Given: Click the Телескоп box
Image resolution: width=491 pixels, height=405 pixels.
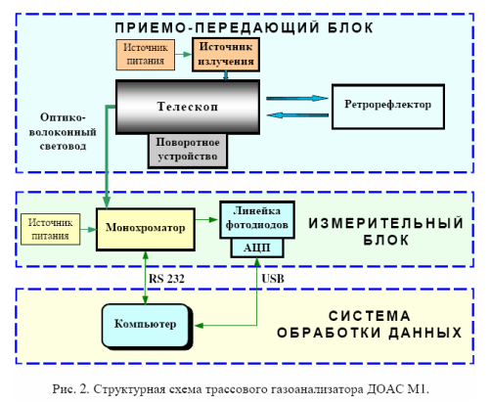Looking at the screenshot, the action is pos(188,107).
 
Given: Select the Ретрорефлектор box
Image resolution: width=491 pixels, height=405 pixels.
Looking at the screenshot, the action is pos(388,107).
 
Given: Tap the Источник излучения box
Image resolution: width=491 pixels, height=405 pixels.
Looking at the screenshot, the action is pos(226,55).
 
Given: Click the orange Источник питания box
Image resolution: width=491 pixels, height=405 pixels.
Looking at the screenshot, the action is pos(146,55).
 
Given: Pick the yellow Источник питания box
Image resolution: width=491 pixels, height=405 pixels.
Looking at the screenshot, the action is pos(50,229).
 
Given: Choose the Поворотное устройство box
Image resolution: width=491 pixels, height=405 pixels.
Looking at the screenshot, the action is pos(188,151).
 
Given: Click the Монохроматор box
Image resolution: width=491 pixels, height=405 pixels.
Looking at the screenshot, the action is pos(146,229).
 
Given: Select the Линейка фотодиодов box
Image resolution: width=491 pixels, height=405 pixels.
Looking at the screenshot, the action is pos(257,219).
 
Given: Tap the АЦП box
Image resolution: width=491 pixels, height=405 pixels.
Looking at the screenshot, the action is pos(257,248).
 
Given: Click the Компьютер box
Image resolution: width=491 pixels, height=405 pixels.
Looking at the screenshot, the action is pos(146,326).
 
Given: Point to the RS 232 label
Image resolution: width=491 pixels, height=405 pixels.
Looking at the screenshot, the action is pos(166,279).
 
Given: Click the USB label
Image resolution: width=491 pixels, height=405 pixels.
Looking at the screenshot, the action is pos(273,279).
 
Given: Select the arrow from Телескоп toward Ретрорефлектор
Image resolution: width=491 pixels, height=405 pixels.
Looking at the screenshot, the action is pos(297,98).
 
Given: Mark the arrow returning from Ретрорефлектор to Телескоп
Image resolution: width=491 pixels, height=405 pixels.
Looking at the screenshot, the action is pos(297,115).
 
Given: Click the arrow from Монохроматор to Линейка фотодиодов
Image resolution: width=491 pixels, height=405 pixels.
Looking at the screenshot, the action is pos(207,220).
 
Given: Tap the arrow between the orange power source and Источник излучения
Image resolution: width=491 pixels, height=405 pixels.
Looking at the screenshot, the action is pos(184,55).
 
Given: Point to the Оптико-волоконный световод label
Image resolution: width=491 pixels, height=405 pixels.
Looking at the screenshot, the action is pos(63,132).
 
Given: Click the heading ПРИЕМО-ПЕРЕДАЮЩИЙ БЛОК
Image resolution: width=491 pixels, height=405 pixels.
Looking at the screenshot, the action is pos(245,27).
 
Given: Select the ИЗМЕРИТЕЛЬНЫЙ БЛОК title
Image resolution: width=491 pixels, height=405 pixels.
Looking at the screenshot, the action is pos(386,232).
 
